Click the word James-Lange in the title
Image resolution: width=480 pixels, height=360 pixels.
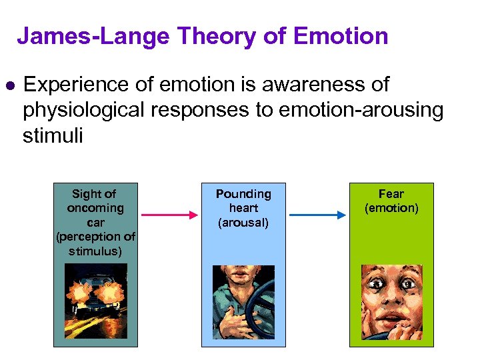94,36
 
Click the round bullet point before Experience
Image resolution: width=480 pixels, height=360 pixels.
9,86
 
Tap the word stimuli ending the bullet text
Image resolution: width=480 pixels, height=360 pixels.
53,136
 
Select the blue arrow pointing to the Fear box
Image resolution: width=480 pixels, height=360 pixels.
317,215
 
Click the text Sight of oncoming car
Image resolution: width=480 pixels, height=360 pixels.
95,208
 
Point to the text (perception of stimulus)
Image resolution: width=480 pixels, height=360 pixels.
95,243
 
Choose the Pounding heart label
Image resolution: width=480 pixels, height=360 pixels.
243,201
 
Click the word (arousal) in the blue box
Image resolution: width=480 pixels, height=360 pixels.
243,223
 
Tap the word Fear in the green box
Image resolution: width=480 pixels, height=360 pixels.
391,194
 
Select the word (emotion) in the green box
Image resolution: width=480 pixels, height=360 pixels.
391,208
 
